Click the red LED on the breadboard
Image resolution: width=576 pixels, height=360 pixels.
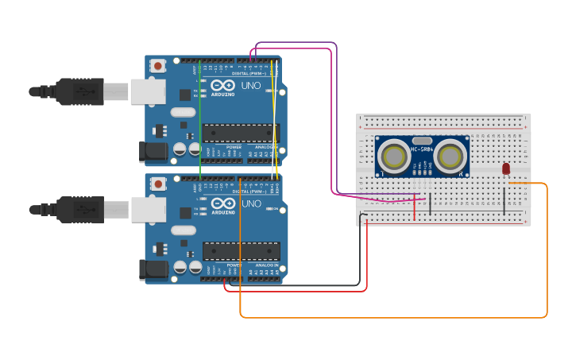(x=506, y=168)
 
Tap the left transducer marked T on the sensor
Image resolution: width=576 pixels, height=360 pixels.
(x=392, y=153)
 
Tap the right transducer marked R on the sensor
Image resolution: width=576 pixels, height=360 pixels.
(x=450, y=153)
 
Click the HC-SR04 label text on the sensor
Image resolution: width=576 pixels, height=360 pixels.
(x=421, y=149)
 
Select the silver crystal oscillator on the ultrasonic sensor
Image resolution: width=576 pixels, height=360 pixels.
(x=421, y=140)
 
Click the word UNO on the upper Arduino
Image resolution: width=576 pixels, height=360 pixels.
(x=251, y=85)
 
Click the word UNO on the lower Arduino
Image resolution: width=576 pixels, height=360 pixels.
(x=251, y=203)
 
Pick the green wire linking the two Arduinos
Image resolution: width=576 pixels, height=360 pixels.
(x=200, y=119)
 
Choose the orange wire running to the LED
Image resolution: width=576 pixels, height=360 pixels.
(x=547, y=254)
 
